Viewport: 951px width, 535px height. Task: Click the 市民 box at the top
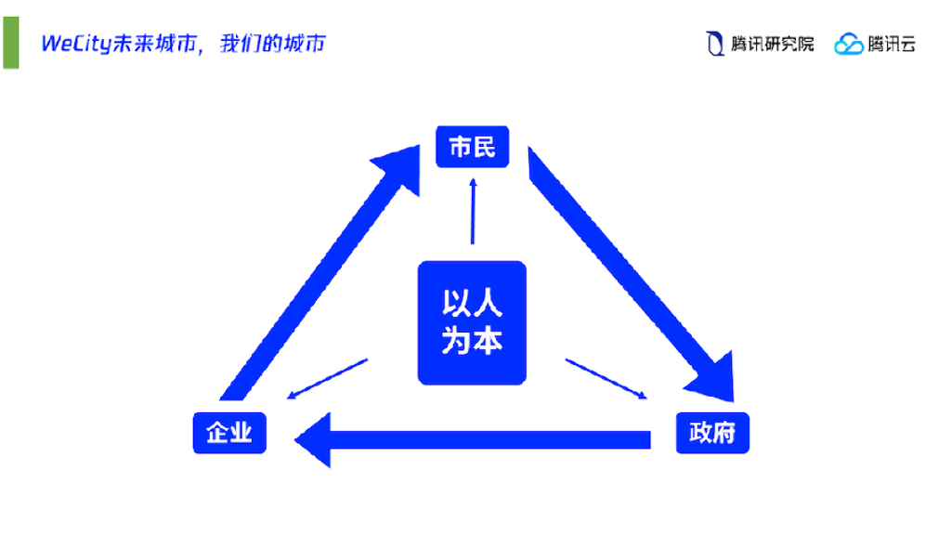coord(473,147)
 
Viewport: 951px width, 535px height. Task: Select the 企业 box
coord(229,432)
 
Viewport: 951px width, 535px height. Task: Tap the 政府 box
coord(712,432)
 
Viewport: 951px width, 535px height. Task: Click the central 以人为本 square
coord(472,323)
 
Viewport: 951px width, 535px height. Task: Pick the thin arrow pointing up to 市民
coord(473,212)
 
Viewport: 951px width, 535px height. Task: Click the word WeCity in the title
coord(75,44)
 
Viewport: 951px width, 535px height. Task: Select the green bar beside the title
coord(10,43)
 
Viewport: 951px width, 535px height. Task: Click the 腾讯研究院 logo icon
coord(714,44)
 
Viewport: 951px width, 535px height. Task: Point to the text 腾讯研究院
coord(772,44)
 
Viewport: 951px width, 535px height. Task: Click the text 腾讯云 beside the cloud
coord(892,44)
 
